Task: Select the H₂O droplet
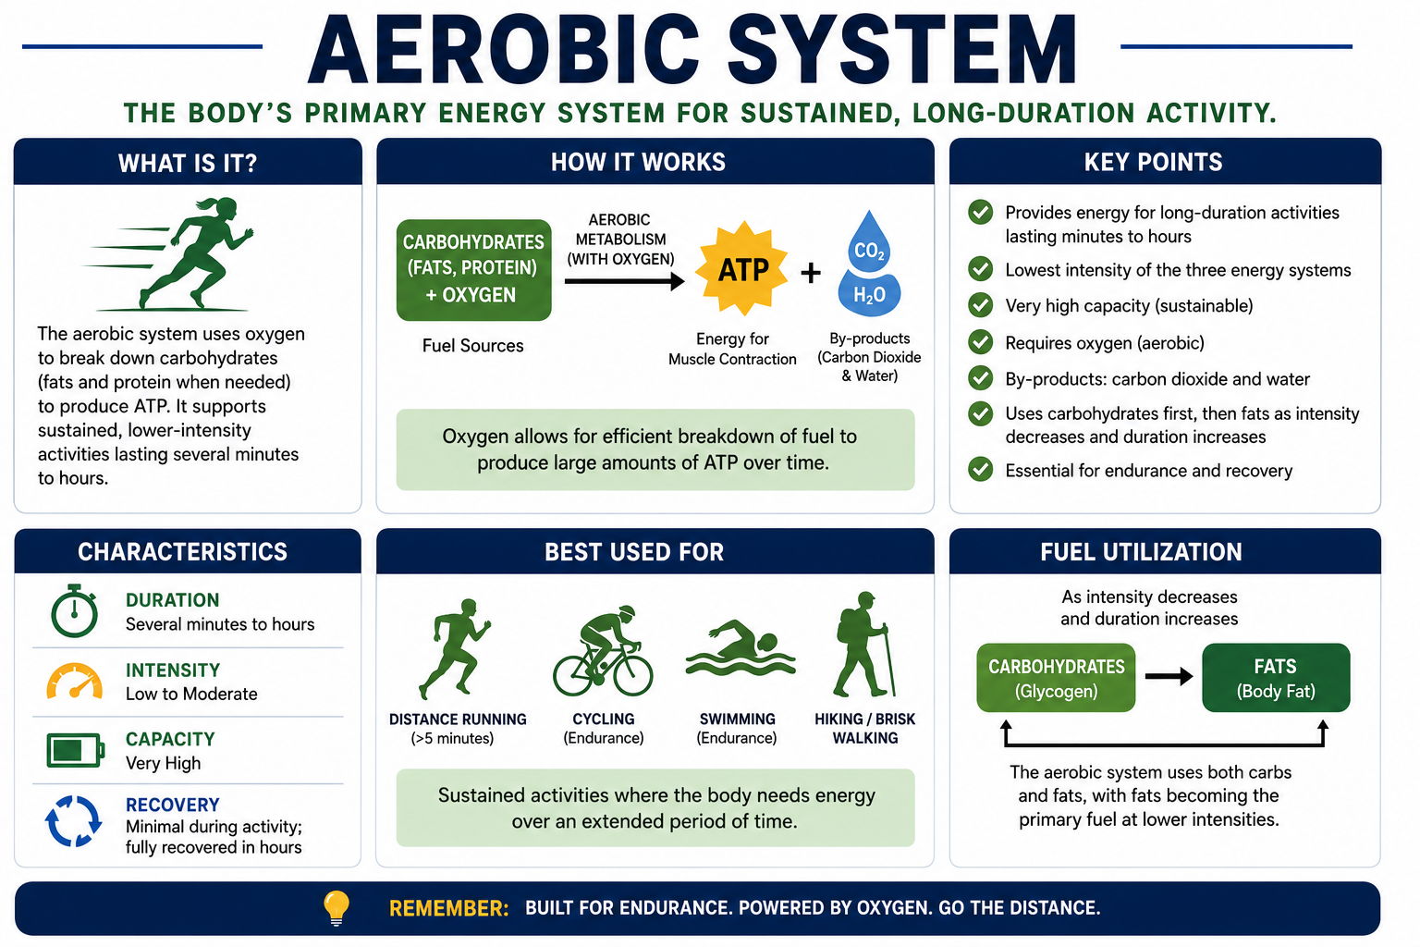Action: click(869, 294)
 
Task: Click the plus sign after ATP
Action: click(810, 273)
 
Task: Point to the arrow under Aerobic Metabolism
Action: click(624, 281)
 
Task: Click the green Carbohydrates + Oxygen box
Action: click(473, 269)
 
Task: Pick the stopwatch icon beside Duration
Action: click(74, 610)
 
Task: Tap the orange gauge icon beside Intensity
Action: click(75, 681)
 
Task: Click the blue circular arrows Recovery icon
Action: click(74, 821)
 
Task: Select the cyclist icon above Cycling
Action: click(602, 651)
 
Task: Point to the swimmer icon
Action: click(740, 648)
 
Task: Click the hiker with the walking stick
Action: click(863, 644)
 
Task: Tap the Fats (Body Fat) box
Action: click(1276, 678)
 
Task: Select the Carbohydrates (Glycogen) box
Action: click(1056, 678)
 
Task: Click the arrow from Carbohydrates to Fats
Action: click(1169, 677)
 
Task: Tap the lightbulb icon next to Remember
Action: click(336, 908)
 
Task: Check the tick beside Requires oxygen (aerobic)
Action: click(980, 342)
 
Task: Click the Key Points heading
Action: click(1153, 162)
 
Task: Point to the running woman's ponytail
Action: click(207, 204)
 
